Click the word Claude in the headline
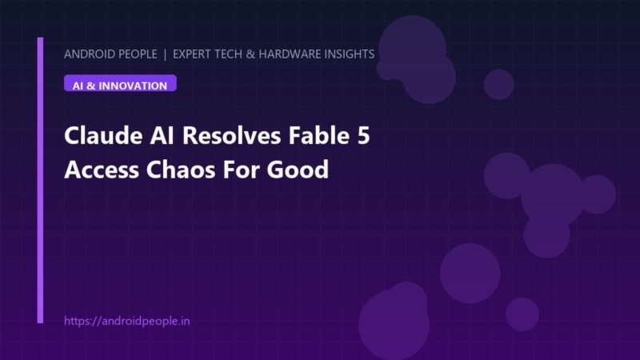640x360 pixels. coord(103,135)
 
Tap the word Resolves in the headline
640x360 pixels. coord(231,135)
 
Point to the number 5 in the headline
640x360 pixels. coord(363,135)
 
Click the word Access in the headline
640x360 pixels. coord(102,170)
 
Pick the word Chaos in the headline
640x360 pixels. coord(181,169)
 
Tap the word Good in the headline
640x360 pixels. coord(298,169)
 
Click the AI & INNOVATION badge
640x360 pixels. coord(120,83)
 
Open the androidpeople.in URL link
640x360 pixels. coord(127,322)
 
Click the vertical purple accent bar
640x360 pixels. coord(40,180)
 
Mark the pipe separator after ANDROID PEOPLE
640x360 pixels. coord(165,54)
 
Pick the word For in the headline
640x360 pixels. coord(241,170)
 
